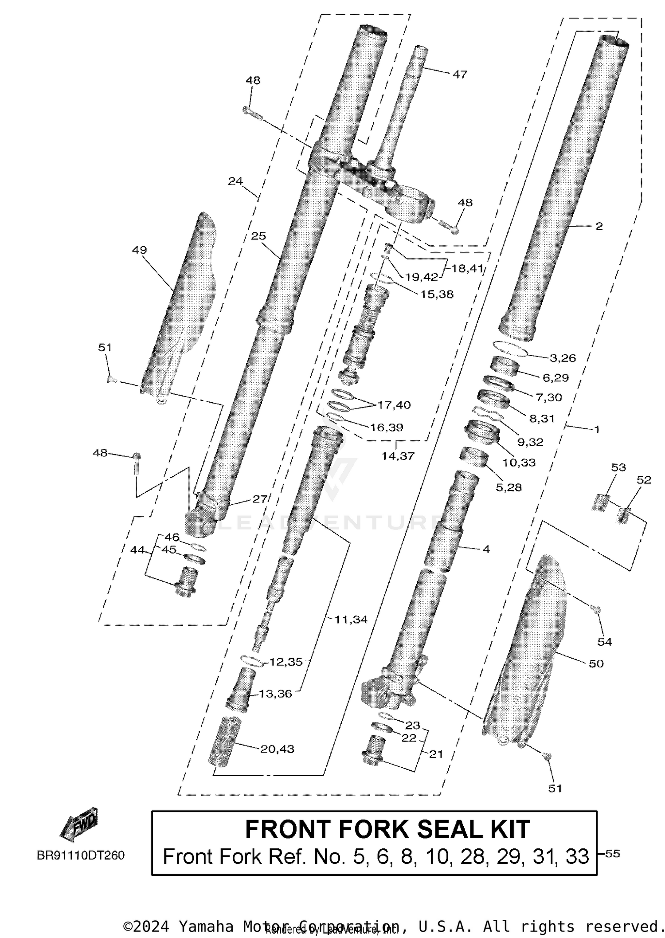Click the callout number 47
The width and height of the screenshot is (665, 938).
coord(460,74)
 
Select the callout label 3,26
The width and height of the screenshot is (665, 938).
coord(563,358)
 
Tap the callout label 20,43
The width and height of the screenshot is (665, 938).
coord(277,749)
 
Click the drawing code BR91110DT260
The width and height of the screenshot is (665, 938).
coord(81,855)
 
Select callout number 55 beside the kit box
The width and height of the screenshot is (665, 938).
coord(612,853)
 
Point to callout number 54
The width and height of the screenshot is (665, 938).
coord(604,641)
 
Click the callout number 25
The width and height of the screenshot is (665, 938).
coord(258,236)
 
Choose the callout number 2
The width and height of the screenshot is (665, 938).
coord(599,226)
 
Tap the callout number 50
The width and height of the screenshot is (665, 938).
coord(596,663)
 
